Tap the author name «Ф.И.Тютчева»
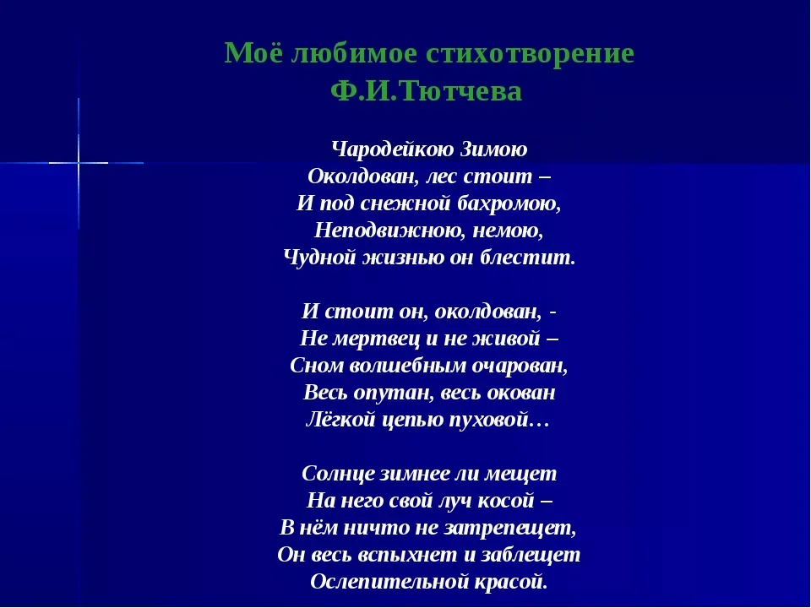pyautogui.click(x=428, y=91)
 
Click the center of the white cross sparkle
pyautogui.click(x=79, y=160)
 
